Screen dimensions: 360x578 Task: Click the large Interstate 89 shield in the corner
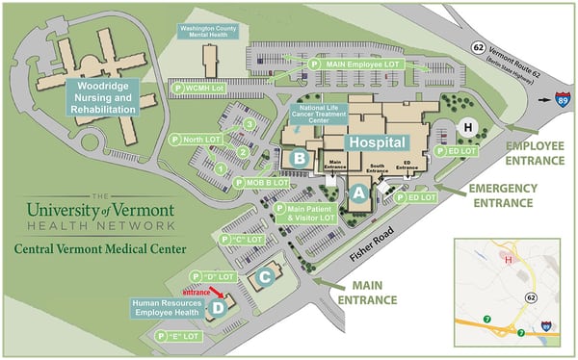(561, 98)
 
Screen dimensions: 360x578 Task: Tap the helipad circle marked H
(469, 127)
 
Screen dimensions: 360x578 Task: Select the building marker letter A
(358, 193)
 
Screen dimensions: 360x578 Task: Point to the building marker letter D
(218, 309)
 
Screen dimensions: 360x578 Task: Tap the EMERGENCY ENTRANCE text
(501, 195)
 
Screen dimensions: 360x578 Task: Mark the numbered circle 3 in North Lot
(250, 124)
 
